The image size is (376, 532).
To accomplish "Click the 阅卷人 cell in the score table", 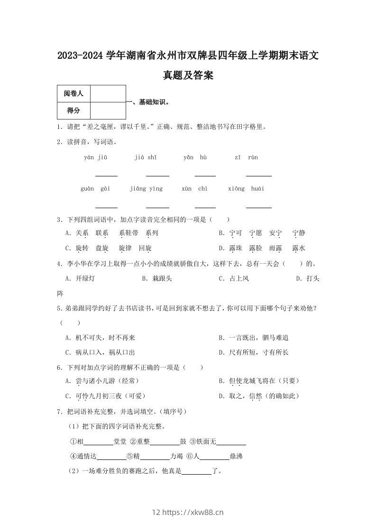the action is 73,94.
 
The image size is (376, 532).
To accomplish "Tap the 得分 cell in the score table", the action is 73,110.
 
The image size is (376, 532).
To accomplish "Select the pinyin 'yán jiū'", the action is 95,157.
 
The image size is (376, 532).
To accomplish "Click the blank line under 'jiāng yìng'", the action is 157,207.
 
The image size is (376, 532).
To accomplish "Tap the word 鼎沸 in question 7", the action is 236,457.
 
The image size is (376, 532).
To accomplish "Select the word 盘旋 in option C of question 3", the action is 102,248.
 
